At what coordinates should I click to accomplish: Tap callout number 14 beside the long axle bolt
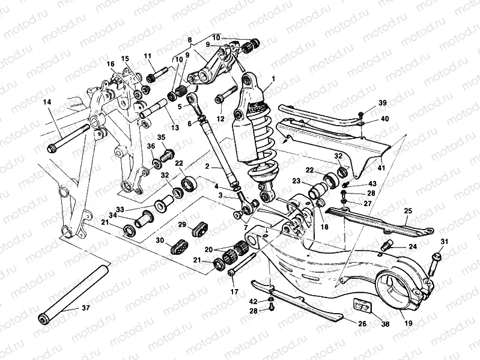(x=46, y=102)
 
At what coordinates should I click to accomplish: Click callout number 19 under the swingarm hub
(x=408, y=323)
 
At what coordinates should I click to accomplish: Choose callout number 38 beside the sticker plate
(x=384, y=324)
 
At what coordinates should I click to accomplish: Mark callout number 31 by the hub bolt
(x=445, y=242)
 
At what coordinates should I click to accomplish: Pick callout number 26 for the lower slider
(x=362, y=324)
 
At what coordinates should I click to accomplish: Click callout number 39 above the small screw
(x=365, y=104)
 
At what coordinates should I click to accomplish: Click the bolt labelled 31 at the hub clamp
(x=436, y=260)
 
